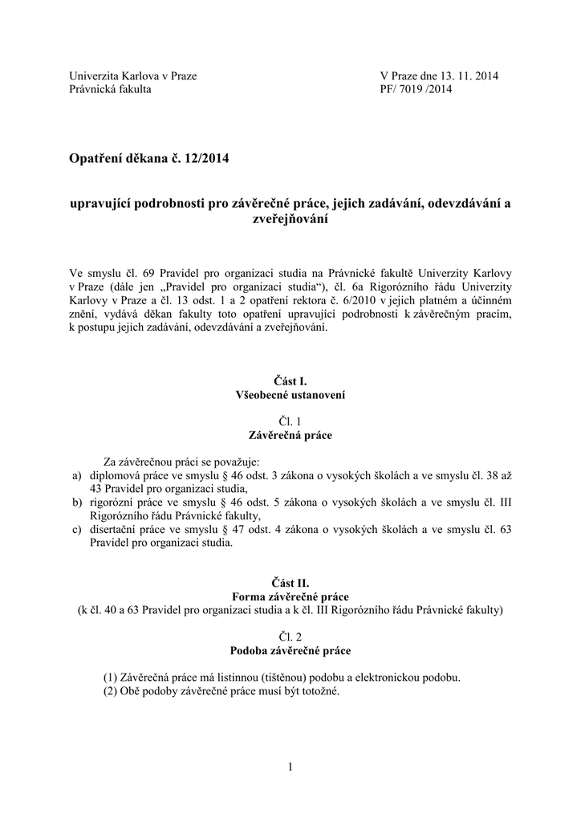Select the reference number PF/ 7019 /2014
point(416,89)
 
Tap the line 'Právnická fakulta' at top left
point(110,89)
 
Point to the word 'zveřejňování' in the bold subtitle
point(290,218)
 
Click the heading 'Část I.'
point(290,382)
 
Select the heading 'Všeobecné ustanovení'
point(290,395)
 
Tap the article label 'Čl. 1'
point(290,421)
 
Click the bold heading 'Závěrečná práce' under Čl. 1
point(290,435)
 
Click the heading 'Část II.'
point(290,584)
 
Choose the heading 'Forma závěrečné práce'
point(290,596)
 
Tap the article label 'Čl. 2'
point(290,636)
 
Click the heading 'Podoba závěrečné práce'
point(290,649)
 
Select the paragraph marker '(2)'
point(111,690)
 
